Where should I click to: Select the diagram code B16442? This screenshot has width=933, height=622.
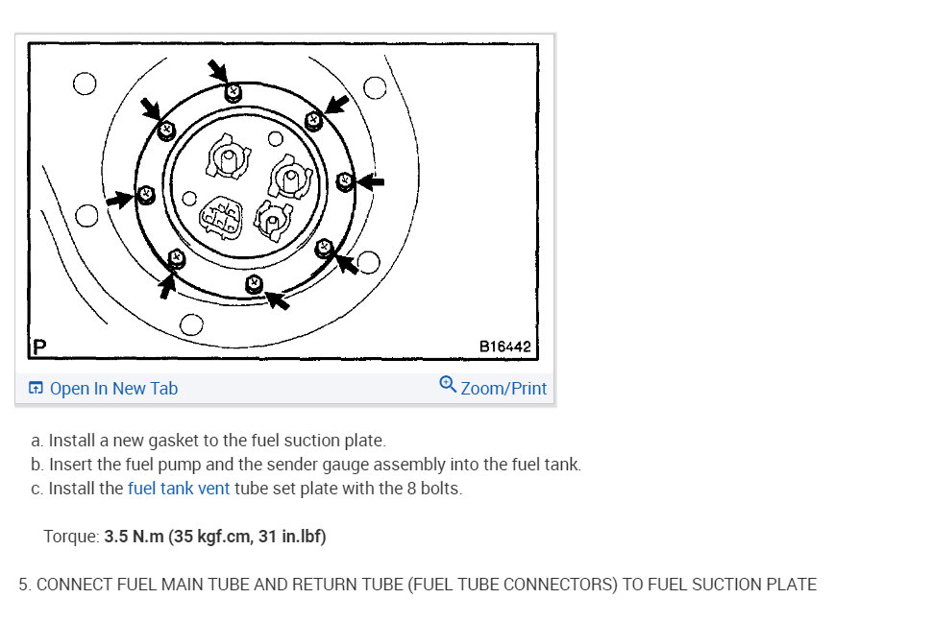[504, 347]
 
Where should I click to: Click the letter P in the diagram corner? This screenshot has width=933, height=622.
[39, 347]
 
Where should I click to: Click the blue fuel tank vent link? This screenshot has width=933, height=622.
[179, 489]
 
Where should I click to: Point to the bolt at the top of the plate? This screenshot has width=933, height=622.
[233, 92]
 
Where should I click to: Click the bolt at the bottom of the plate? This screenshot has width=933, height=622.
[254, 284]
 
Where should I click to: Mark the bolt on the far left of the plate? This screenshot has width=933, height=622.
[146, 195]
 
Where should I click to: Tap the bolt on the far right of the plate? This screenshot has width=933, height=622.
[345, 180]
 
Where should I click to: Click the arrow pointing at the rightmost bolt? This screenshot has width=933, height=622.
[370, 181]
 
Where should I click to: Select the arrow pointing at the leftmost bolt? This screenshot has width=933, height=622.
[121, 200]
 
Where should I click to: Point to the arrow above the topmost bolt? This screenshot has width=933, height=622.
[218, 70]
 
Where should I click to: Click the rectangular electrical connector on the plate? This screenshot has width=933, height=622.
[221, 218]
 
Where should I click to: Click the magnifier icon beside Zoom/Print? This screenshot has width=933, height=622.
[448, 384]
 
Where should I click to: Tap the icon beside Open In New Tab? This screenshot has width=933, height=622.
[36, 389]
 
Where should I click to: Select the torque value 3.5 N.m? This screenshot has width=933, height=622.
[134, 537]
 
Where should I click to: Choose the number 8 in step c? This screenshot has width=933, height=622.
[411, 489]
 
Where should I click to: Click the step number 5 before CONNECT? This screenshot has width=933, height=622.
[24, 585]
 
